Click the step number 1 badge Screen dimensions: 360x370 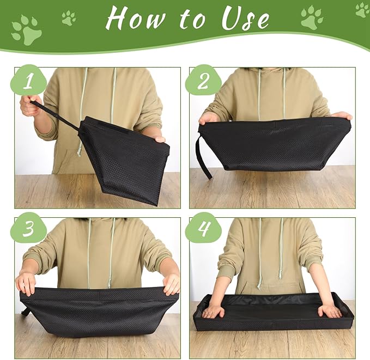(28, 81)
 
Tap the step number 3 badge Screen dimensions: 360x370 (28, 230)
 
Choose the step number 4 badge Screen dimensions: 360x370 (203, 230)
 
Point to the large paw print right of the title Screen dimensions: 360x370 (312, 17)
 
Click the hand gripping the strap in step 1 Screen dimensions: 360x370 (31, 105)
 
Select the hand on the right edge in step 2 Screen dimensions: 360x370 (342, 115)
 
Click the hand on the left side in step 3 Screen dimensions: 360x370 (26, 283)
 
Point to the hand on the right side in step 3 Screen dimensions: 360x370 (171, 283)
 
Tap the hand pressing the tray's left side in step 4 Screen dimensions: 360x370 (213, 311)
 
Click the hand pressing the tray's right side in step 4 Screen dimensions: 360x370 (330, 310)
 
